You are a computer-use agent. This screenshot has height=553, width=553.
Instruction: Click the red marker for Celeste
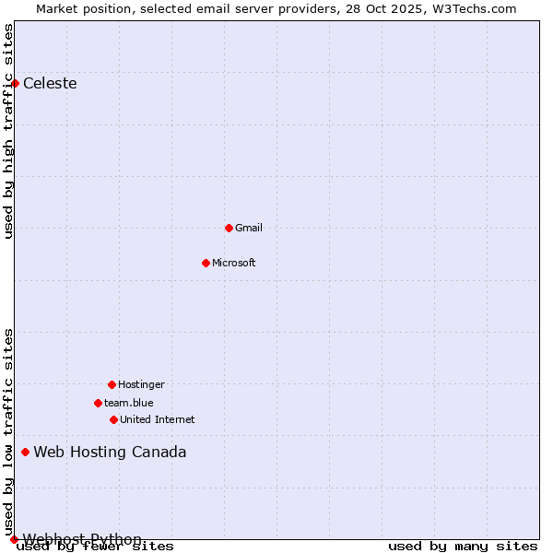coord(15,84)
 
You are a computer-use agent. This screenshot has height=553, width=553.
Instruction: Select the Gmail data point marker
coord(229,228)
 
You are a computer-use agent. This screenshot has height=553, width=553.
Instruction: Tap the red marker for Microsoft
coord(206,263)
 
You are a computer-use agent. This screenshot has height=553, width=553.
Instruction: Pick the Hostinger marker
coord(112,384)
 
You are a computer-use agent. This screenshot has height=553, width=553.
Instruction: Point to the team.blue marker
coord(98,403)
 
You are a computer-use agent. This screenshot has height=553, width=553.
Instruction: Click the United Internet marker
coord(113,419)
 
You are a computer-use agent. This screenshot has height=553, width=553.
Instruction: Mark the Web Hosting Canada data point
coord(25,452)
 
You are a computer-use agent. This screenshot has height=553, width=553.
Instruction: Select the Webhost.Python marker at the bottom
coord(14,539)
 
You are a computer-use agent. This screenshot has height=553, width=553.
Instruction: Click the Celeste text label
coord(50,84)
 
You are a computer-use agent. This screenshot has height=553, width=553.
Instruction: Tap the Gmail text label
coord(249,228)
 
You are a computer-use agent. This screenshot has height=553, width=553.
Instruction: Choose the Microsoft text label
coord(234,263)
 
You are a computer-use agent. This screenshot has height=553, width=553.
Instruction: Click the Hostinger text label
coord(141,384)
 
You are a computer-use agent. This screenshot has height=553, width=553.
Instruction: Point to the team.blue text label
coord(129,403)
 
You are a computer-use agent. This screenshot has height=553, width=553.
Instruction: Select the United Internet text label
coord(158,419)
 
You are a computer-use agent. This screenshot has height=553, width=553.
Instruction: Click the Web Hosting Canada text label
coord(110,452)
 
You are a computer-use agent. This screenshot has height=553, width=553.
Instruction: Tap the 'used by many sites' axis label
coord(463,547)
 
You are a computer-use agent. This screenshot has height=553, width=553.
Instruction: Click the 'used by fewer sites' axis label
coord(96,547)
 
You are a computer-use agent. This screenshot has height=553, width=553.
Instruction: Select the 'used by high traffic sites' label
coord(9,131)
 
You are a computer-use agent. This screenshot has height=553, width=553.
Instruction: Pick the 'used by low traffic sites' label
coord(9,431)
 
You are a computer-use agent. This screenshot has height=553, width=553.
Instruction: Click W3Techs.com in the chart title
coord(473,8)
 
